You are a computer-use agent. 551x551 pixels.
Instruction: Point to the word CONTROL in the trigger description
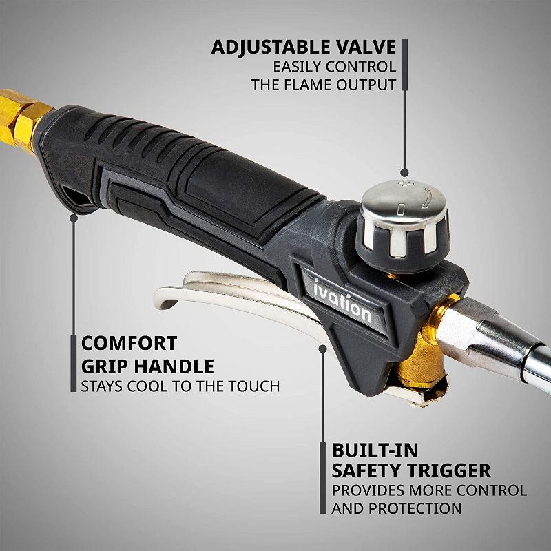click(x=487, y=490)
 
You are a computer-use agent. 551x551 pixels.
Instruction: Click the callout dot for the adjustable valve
click(x=404, y=174)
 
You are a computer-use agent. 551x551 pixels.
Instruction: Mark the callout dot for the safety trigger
click(x=322, y=349)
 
